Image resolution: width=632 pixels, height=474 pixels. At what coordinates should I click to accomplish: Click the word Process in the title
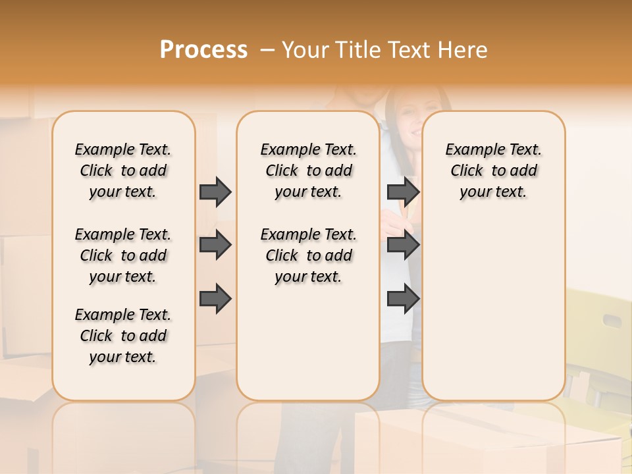203,49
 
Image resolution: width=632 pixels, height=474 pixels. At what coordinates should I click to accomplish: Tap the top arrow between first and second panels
215,192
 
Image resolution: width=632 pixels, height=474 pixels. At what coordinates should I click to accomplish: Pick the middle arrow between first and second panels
215,245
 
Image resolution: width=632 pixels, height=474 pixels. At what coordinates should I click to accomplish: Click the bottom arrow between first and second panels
215,298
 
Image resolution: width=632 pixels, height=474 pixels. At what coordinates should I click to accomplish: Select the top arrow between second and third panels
403,192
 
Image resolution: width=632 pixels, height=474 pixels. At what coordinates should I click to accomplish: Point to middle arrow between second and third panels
403,245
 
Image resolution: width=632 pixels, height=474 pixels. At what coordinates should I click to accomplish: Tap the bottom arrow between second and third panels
403,298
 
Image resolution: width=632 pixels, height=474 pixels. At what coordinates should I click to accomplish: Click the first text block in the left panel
123,171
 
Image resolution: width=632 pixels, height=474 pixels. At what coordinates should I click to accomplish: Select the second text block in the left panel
123,255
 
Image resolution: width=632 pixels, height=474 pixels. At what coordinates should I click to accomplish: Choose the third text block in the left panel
123,336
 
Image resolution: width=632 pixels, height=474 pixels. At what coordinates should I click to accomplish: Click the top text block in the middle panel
308,171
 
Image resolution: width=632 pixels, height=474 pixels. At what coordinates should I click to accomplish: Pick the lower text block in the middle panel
308,255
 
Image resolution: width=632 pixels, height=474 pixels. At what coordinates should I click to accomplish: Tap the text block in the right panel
493,171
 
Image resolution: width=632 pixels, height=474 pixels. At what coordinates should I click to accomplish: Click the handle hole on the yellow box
612,321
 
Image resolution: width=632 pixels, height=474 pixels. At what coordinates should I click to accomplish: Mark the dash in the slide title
267,50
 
